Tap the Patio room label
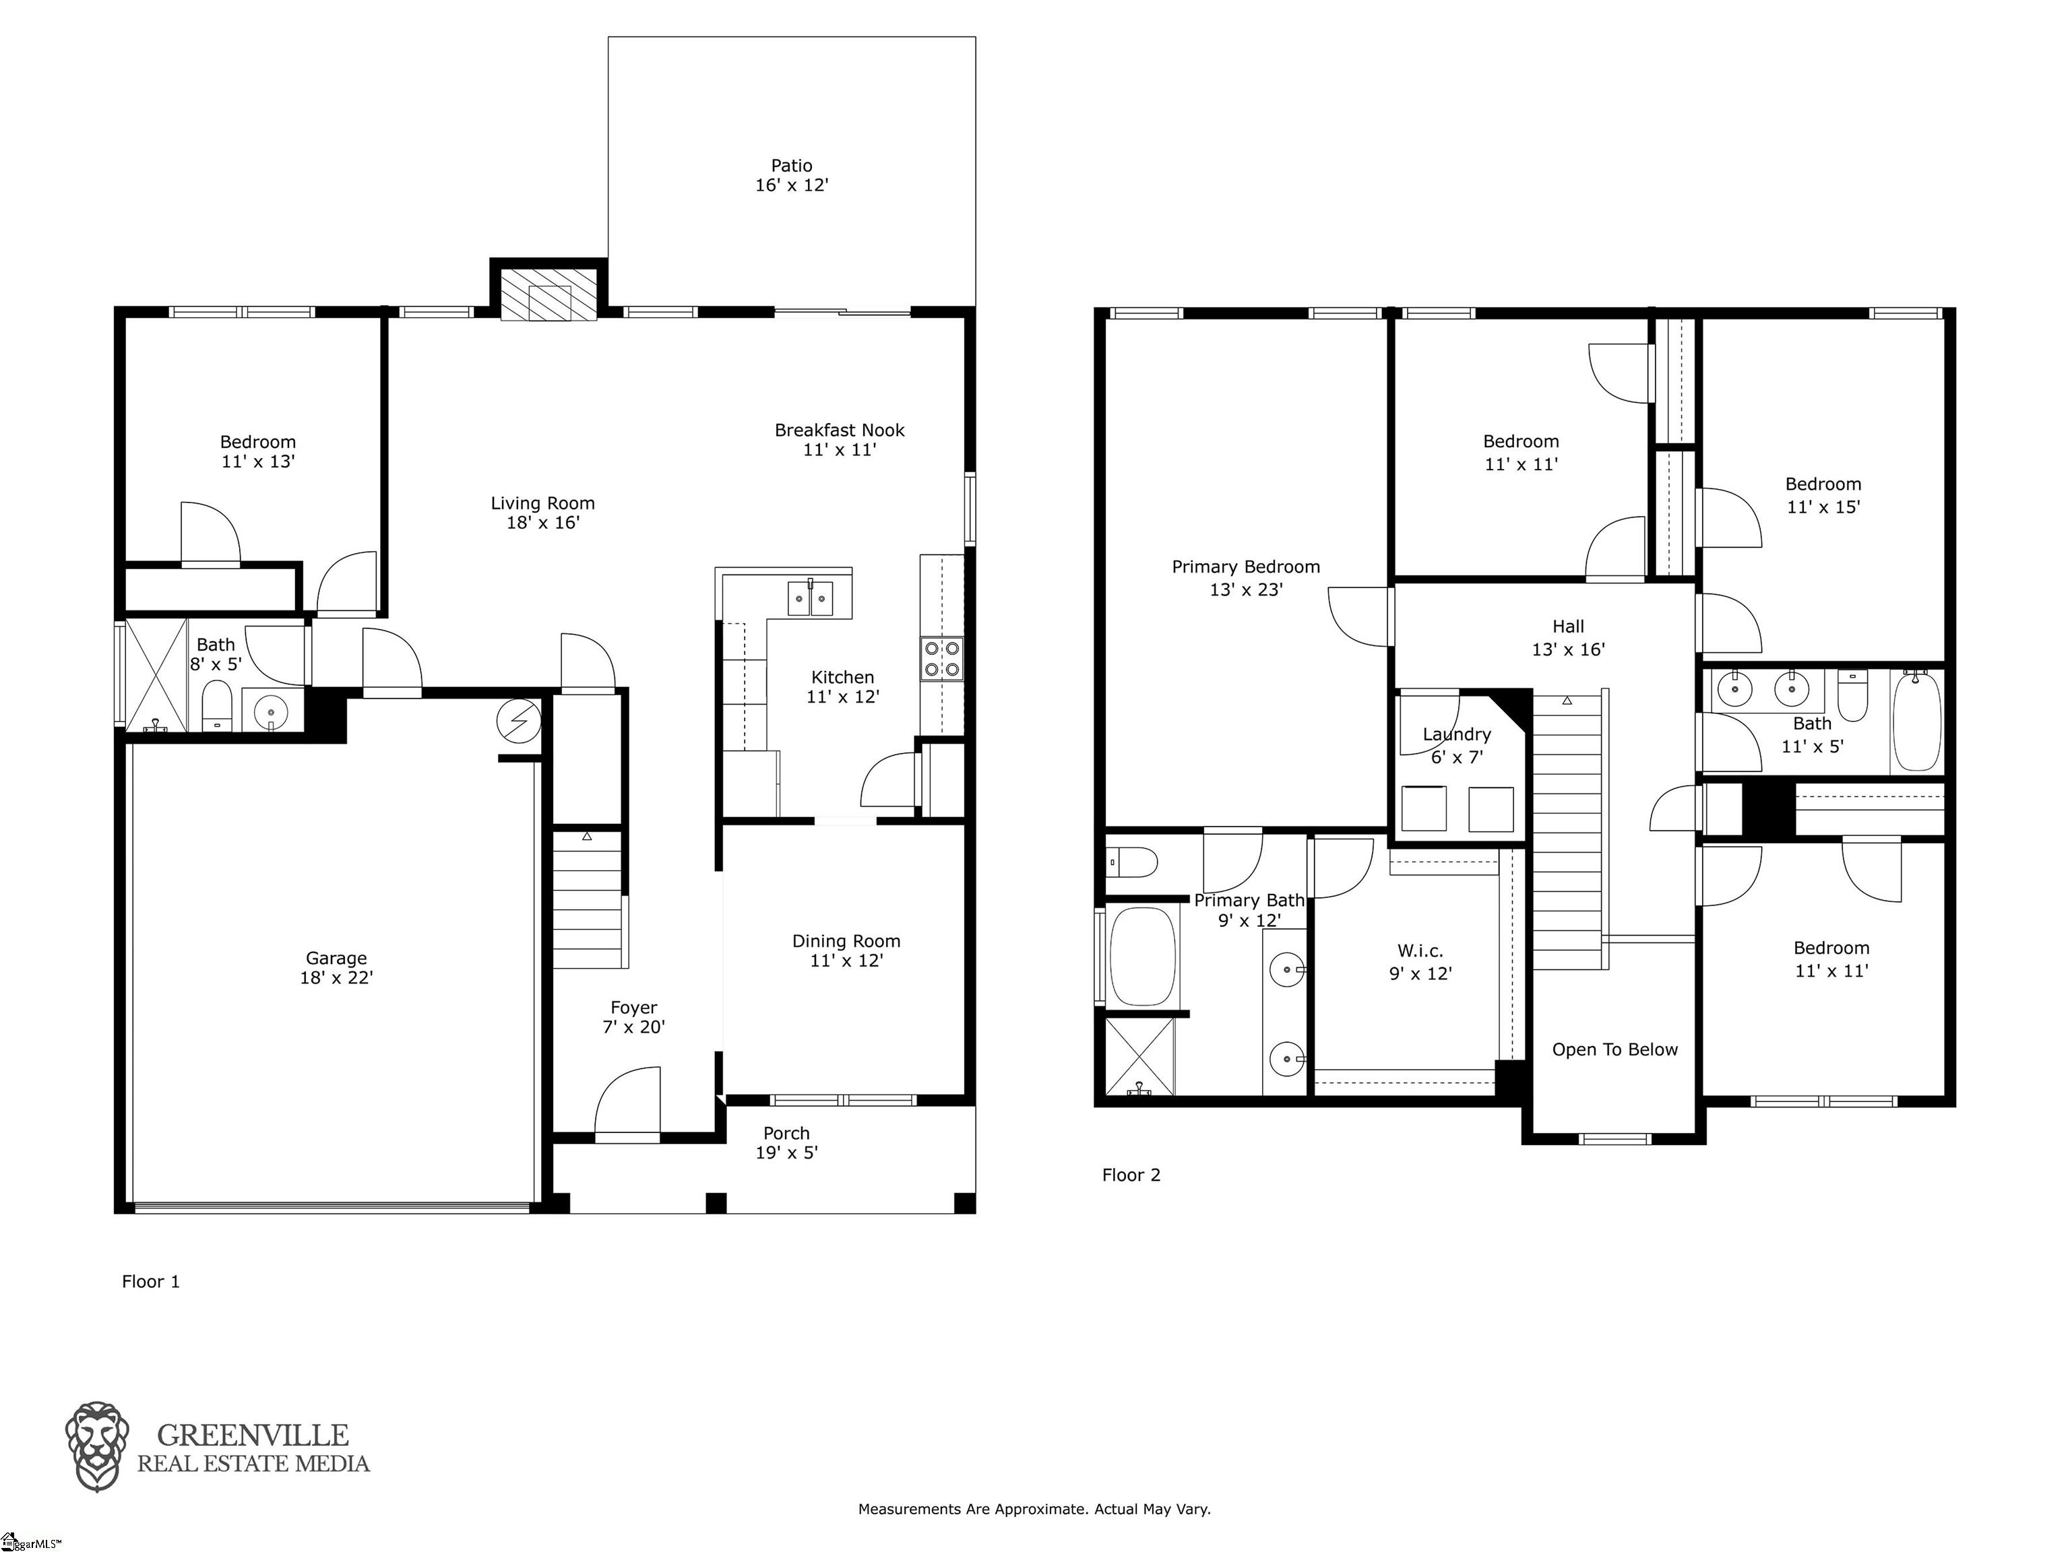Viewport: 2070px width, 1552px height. [792, 166]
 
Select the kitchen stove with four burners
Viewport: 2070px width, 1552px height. [941, 657]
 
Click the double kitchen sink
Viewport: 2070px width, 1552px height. [811, 597]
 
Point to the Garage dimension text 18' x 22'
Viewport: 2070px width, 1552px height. [336, 977]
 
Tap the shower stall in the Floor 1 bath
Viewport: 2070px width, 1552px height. [156, 674]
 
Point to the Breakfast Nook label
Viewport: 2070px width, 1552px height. [840, 430]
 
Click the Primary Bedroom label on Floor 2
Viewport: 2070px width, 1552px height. [1245, 567]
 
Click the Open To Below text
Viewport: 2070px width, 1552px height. [1614, 1049]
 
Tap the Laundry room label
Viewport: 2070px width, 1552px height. [1456, 734]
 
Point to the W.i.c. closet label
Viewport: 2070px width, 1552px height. [1420, 951]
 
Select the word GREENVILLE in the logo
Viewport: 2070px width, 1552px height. [253, 1435]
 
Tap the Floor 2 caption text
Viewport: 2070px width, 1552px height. [1131, 1175]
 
